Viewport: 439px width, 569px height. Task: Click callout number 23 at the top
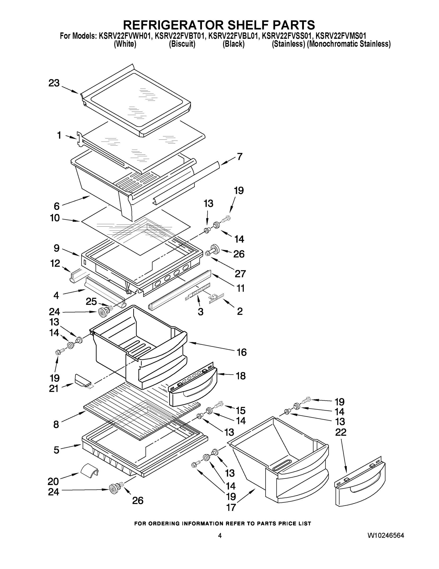tap(54, 83)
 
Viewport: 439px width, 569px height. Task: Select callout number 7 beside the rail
tap(239, 156)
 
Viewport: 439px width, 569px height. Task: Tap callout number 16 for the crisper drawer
tap(241, 352)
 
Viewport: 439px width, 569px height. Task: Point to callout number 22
tap(341, 432)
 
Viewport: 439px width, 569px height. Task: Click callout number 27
tap(240, 274)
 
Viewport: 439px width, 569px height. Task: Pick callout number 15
tap(241, 410)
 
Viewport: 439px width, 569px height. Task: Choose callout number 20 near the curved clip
tap(53, 481)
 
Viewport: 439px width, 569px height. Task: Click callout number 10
tap(55, 218)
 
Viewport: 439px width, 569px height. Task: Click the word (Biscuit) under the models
tap(182, 44)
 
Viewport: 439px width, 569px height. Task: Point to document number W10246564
tap(386, 535)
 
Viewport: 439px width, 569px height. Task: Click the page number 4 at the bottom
tap(220, 536)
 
